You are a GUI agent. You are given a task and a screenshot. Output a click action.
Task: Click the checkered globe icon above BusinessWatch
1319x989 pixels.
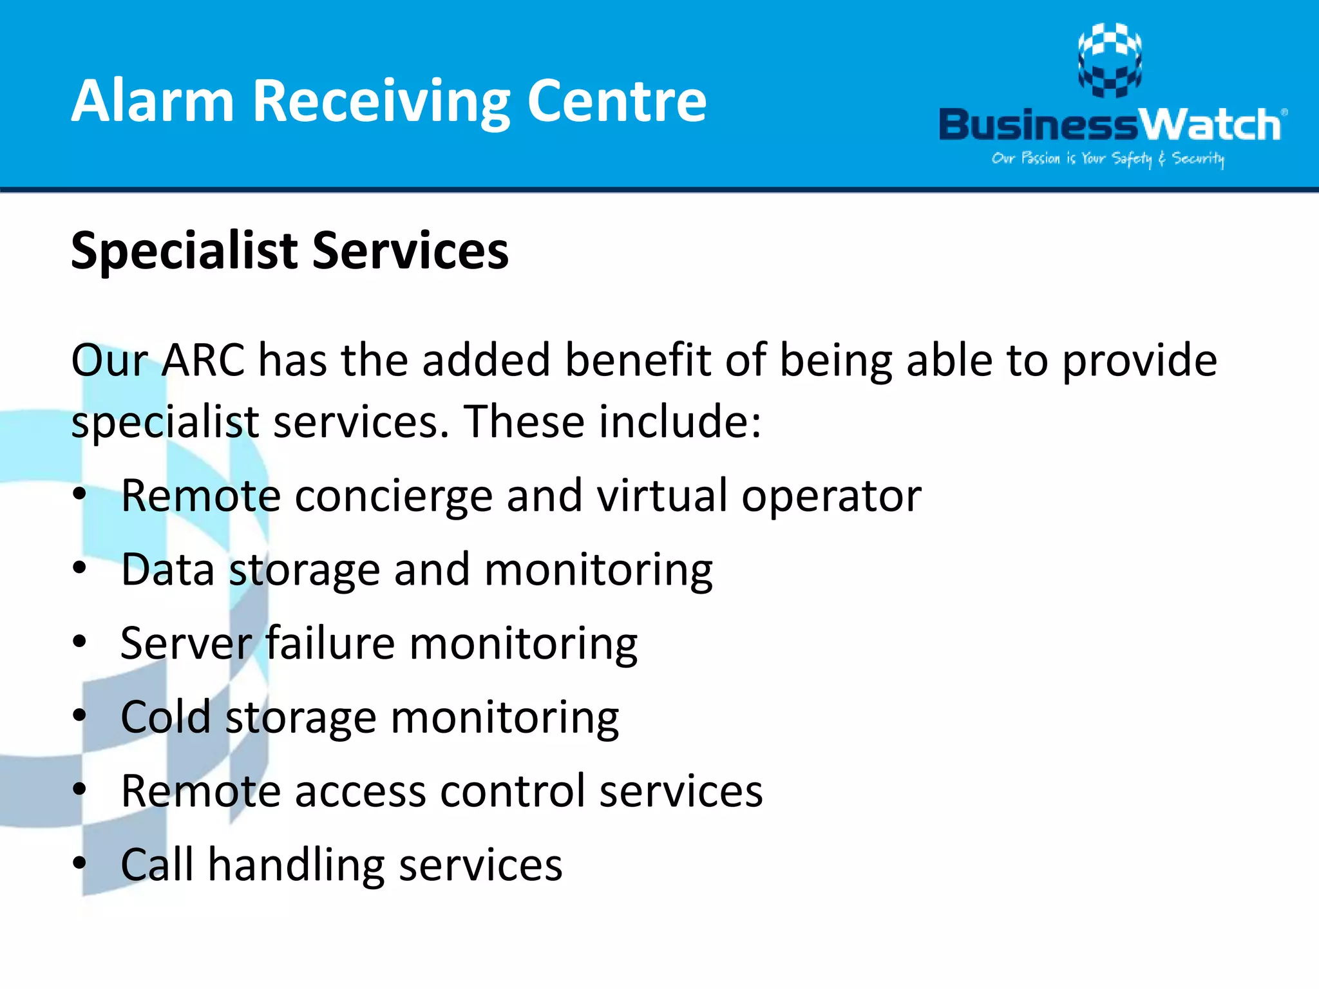1110,60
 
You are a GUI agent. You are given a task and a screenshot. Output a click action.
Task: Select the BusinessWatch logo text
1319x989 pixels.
1110,125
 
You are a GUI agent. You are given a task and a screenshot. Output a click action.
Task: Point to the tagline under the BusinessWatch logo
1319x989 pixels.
1108,158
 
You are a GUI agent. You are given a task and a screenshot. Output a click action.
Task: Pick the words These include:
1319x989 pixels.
612,422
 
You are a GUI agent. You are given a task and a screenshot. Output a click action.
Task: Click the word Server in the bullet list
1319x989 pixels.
186,643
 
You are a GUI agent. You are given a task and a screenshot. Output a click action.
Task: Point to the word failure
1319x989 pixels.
330,643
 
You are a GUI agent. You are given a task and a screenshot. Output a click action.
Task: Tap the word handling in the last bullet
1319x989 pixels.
296,865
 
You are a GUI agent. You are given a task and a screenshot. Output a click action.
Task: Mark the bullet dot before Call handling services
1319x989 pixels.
79,863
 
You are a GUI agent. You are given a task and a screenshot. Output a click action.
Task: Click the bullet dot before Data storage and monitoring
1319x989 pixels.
79,568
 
